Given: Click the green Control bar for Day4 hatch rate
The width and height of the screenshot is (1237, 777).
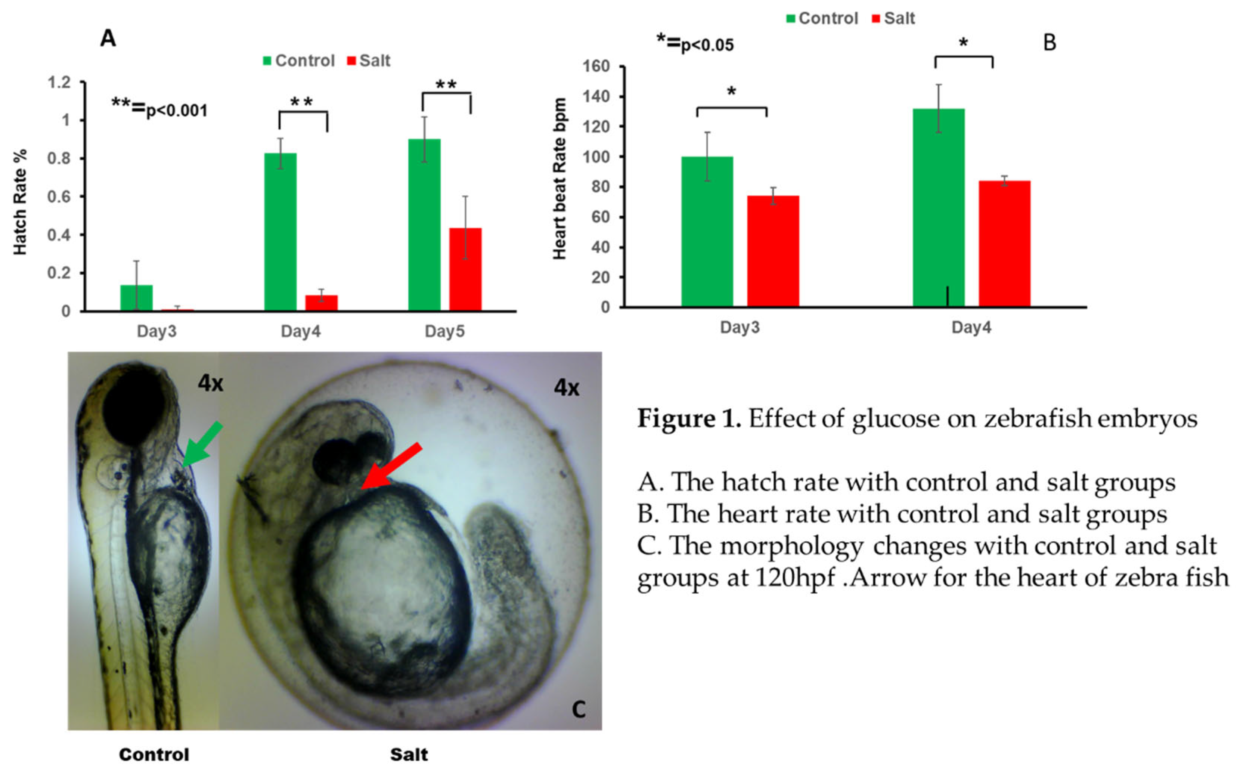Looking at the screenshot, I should click(x=280, y=232).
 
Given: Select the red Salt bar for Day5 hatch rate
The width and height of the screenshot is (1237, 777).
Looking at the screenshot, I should click(x=465, y=269).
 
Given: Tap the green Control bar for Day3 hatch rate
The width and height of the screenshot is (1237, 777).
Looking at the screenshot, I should click(x=136, y=298).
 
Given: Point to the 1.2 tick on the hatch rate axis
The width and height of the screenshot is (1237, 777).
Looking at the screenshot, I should click(x=59, y=82).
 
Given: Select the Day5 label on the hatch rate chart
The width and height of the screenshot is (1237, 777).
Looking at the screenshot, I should click(x=444, y=331).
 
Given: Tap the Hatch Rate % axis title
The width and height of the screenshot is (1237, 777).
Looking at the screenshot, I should click(x=19, y=202).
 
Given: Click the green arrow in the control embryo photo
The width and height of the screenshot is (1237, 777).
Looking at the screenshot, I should click(x=202, y=445).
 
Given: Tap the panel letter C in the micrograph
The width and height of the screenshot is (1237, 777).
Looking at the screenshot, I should click(x=579, y=710).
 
